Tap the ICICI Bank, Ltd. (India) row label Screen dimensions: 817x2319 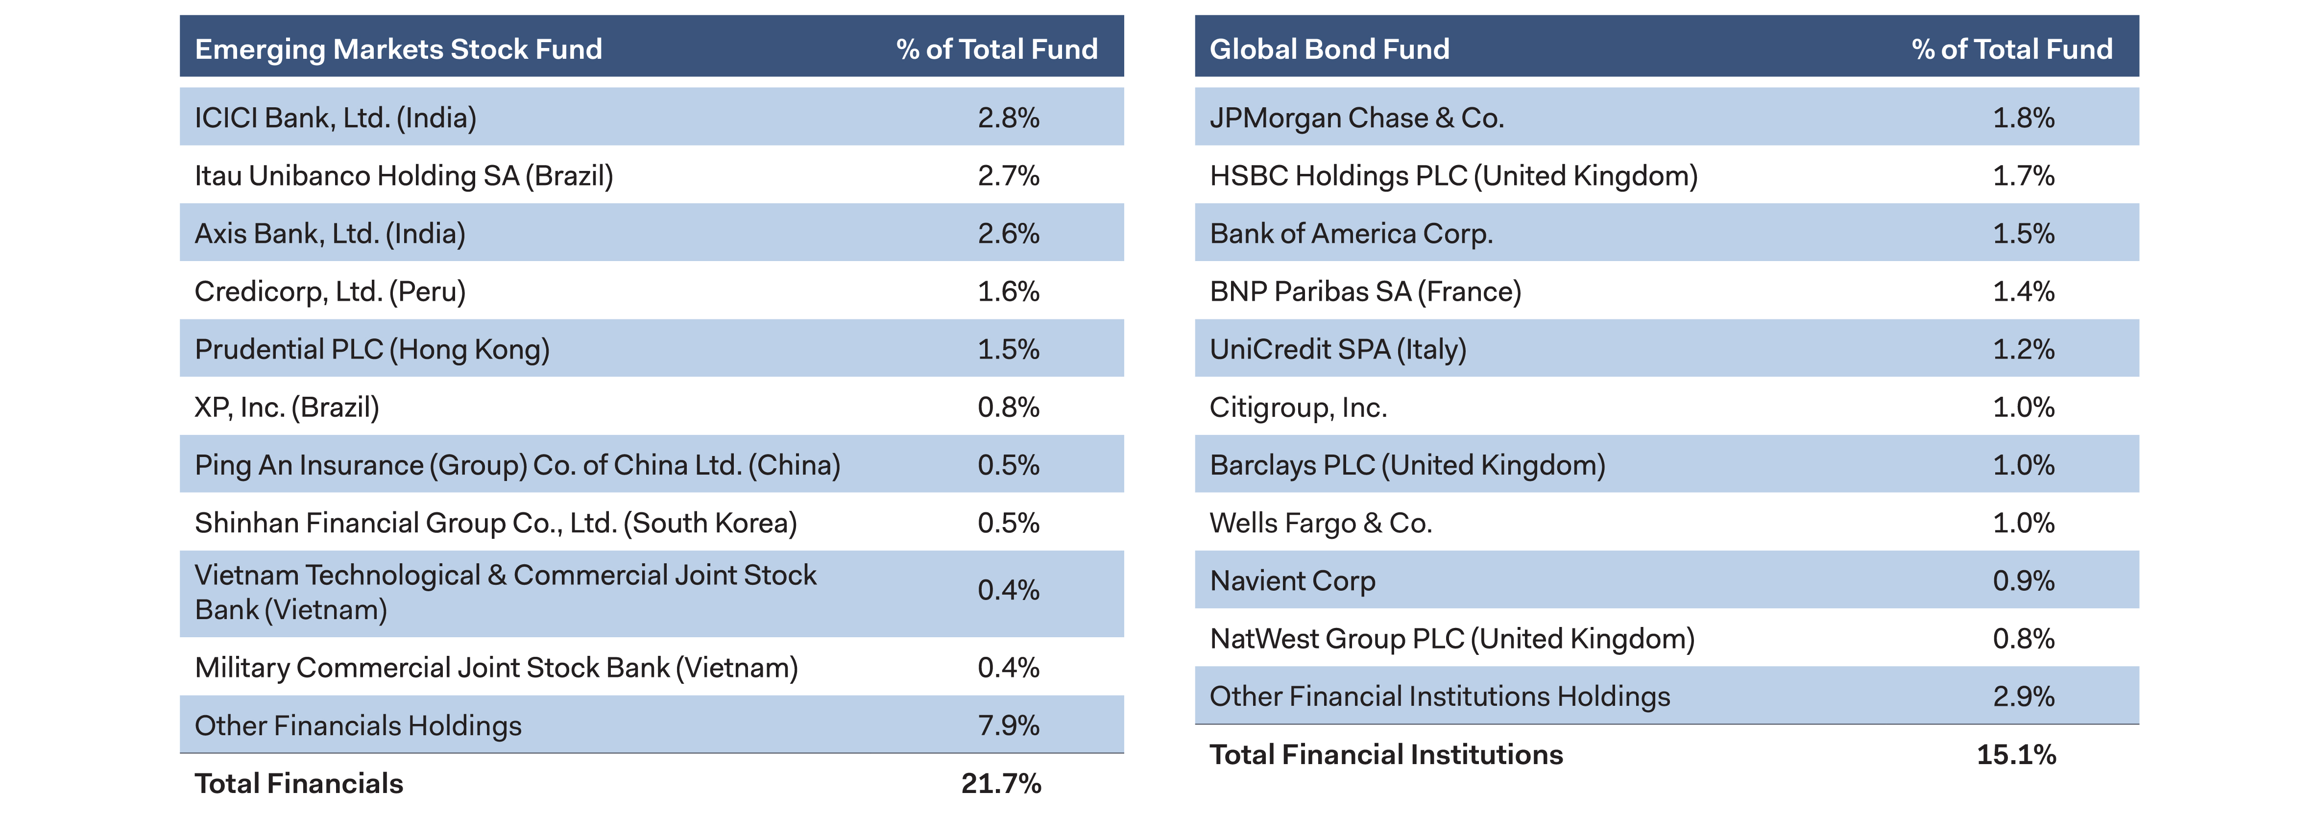[x=335, y=118]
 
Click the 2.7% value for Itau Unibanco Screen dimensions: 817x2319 [x=1008, y=175]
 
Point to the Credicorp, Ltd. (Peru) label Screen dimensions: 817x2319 [x=330, y=291]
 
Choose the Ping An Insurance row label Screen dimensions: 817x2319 [x=517, y=465]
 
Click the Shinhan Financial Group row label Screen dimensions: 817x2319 [x=495, y=523]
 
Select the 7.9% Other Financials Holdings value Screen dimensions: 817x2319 [x=1008, y=725]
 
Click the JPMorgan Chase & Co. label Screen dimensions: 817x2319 [x=1356, y=118]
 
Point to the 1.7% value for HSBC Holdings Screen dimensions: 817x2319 [x=2023, y=175]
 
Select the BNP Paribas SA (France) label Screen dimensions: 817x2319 [x=1365, y=291]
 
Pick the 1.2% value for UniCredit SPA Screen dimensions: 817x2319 [x=2023, y=349]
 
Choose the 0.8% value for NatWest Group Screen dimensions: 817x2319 [x=2023, y=639]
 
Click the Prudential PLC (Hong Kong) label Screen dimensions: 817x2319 [x=372, y=349]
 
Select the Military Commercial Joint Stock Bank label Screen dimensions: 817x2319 [x=496, y=668]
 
